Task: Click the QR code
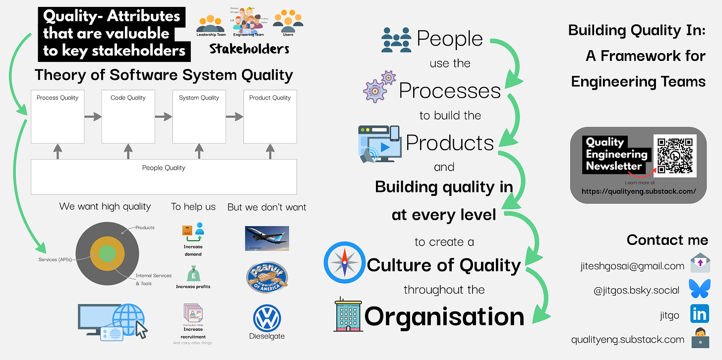(675, 156)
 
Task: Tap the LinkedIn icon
(699, 314)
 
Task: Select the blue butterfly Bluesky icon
(699, 290)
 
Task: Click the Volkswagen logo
(267, 318)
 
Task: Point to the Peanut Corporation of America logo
(267, 278)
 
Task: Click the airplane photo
(267, 239)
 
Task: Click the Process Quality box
(58, 117)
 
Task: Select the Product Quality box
(270, 117)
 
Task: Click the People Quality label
(164, 168)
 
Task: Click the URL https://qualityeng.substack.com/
(639, 191)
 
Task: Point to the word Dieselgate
(267, 336)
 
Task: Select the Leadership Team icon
(211, 24)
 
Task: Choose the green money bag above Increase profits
(193, 274)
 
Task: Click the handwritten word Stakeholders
(249, 49)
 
